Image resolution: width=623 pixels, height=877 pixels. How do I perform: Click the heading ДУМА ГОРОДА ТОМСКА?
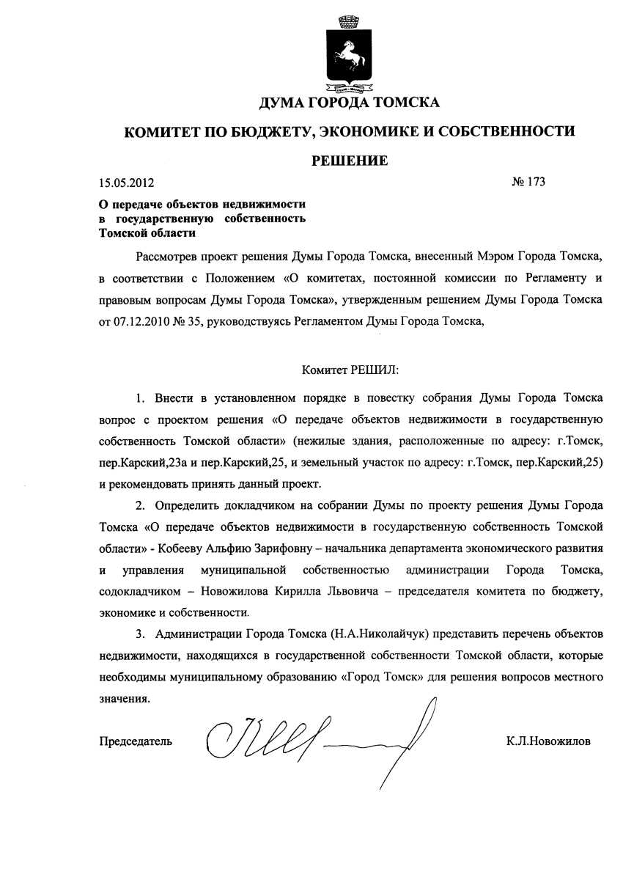pyautogui.click(x=349, y=103)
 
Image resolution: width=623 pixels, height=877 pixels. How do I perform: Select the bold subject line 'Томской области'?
pyautogui.click(x=147, y=232)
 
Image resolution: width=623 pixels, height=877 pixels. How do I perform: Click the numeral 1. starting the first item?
pyautogui.click(x=140, y=399)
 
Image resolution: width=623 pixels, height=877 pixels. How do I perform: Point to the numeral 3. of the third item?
pyautogui.click(x=140, y=634)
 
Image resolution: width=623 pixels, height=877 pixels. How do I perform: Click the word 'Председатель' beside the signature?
pyautogui.click(x=136, y=741)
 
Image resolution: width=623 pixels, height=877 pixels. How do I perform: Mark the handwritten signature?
pyautogui.click(x=315, y=737)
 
